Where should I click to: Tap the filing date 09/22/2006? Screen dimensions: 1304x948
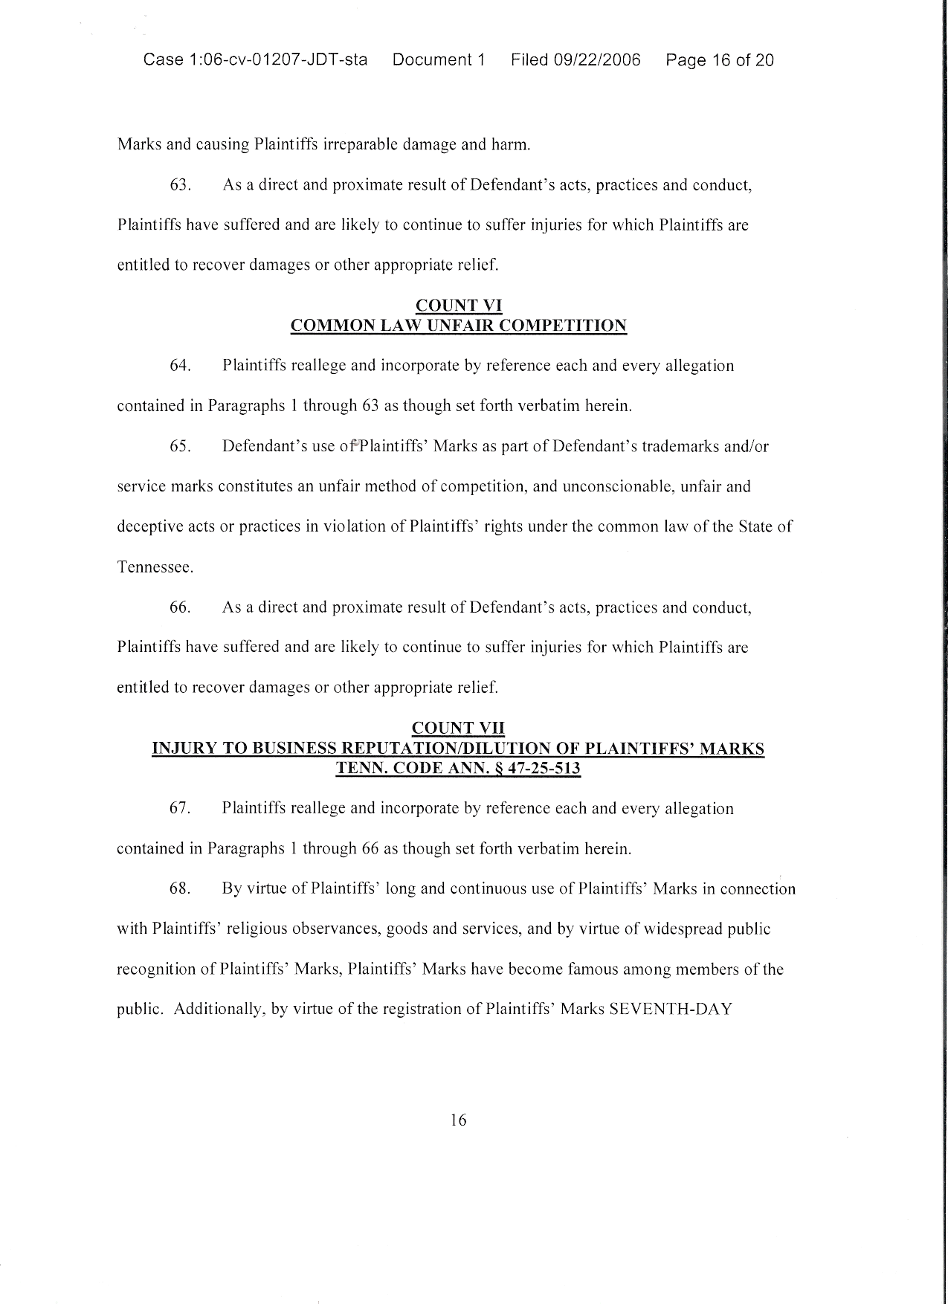point(597,60)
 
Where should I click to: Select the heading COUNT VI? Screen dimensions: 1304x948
point(458,306)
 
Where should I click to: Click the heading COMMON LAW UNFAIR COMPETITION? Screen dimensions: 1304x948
point(458,326)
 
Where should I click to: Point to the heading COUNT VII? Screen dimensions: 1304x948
point(458,728)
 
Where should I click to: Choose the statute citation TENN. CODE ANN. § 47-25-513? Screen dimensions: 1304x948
point(458,769)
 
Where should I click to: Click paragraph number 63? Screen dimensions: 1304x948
point(181,185)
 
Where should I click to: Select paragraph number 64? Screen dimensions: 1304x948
point(181,366)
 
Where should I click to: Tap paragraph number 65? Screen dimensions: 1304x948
point(181,447)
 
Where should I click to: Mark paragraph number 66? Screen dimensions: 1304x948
point(181,607)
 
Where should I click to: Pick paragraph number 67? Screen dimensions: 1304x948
point(181,809)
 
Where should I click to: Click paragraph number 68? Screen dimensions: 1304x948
point(181,889)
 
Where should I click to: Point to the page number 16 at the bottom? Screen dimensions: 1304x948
point(458,1120)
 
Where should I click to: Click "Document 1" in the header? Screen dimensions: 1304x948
point(439,60)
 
